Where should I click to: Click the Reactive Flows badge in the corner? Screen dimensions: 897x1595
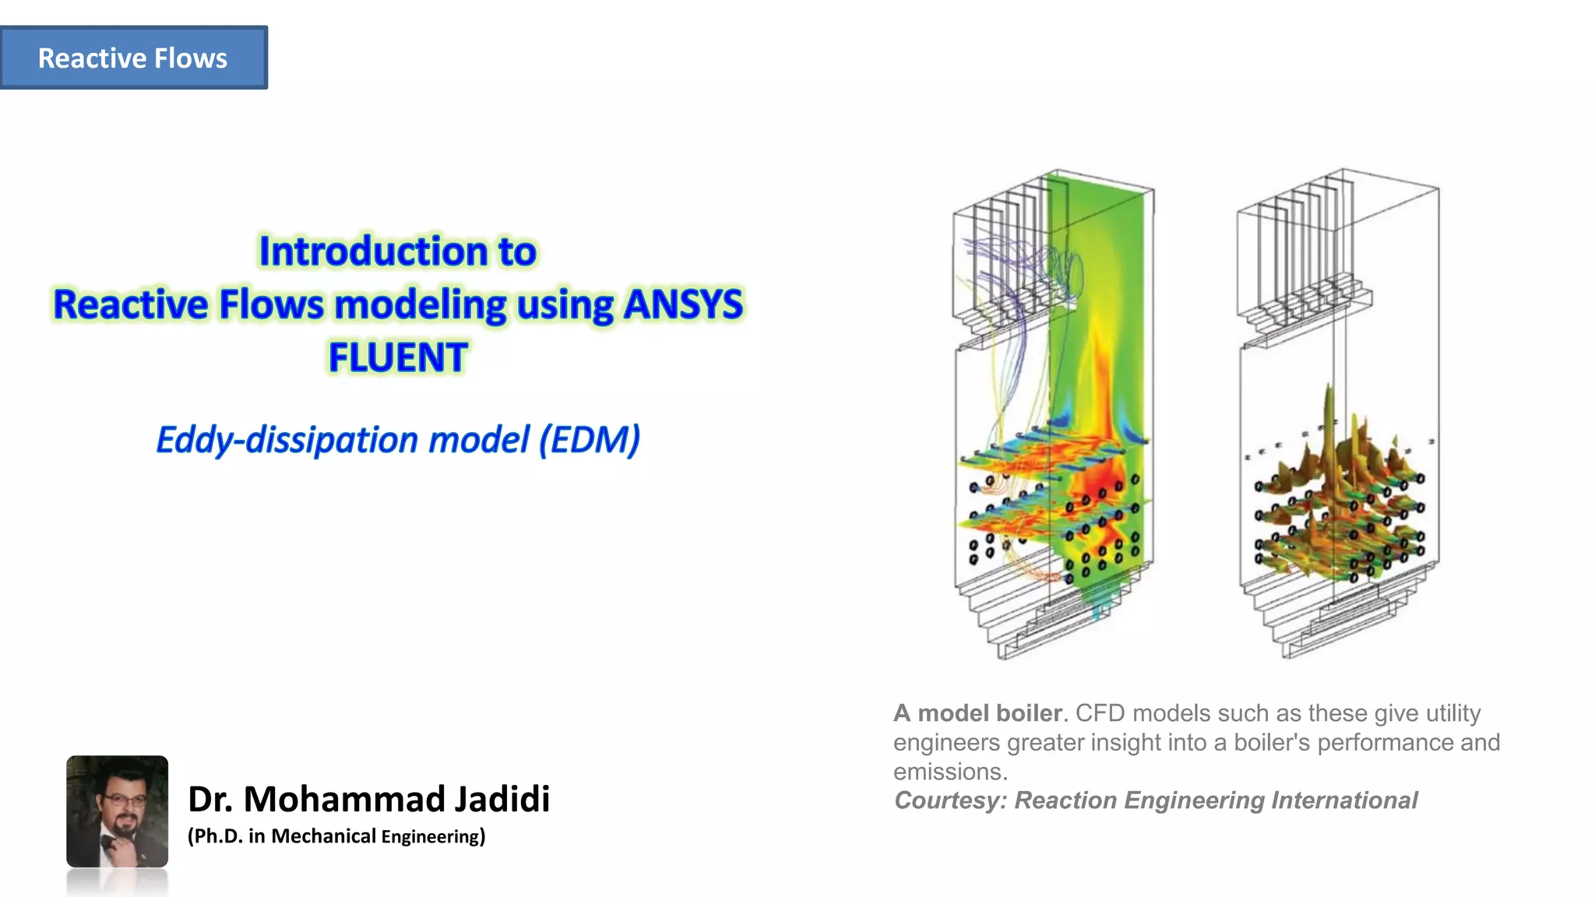click(133, 58)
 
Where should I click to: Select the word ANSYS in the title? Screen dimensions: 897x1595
click(683, 304)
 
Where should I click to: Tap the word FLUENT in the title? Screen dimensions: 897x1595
click(398, 357)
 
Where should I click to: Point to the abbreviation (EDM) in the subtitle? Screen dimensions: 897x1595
click(590, 440)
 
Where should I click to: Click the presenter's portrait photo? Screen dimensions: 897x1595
click(118, 811)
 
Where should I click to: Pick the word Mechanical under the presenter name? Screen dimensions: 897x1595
click(323, 836)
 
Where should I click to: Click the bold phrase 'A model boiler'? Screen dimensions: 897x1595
click(977, 713)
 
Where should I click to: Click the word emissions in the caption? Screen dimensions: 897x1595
click(950, 772)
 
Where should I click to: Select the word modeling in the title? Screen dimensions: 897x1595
click(421, 304)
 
